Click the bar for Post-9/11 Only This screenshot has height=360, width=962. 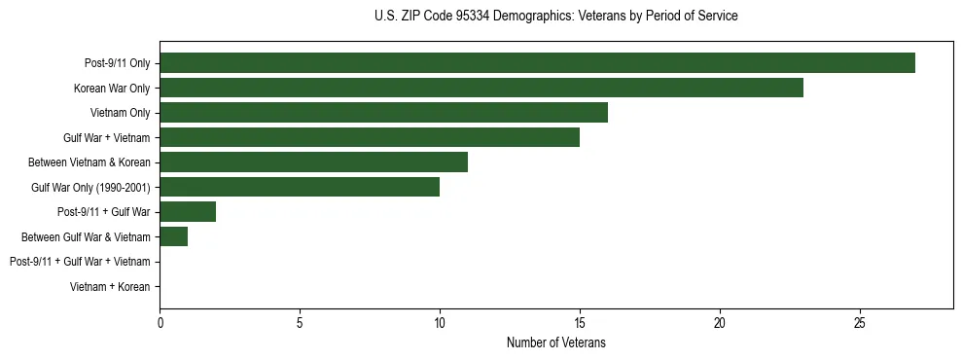click(x=537, y=63)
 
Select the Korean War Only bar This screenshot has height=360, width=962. click(x=481, y=88)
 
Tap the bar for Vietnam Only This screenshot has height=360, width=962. click(x=383, y=113)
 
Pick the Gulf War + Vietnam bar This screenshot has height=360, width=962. click(x=370, y=137)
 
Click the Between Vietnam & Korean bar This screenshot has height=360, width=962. click(x=313, y=162)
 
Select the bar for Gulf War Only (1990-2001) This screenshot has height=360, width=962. click(x=300, y=187)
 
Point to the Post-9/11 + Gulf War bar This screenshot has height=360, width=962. click(x=188, y=212)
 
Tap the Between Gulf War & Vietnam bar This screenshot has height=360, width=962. click(x=173, y=236)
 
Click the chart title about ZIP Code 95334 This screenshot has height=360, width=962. click(x=555, y=17)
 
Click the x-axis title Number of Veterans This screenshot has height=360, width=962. click(x=555, y=342)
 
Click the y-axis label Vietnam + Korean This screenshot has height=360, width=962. click(x=110, y=287)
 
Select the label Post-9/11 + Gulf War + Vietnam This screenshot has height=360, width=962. click(x=80, y=262)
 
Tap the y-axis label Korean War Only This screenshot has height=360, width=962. click(x=112, y=89)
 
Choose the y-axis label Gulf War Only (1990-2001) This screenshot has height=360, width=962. click(x=90, y=188)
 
